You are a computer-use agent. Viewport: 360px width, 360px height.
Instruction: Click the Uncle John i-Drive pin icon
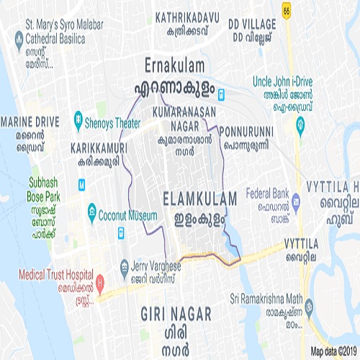pos(300,127)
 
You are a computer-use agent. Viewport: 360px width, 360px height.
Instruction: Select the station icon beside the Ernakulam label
pos(222,92)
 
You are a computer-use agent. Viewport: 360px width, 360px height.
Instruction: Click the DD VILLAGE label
pos(252,24)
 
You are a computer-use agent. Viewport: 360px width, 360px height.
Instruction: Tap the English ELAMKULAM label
pos(195,197)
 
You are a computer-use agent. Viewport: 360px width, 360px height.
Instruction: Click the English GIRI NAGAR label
pos(176,314)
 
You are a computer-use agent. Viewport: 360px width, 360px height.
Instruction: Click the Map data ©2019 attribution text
pos(334,352)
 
